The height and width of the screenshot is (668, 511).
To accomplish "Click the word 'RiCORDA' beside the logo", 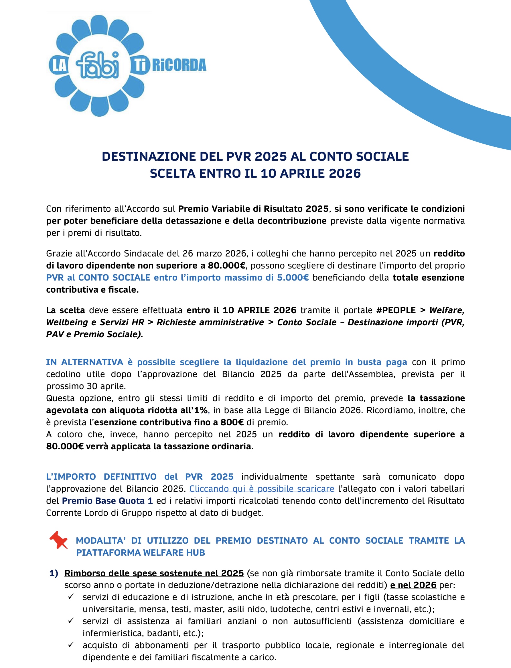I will click(179, 65).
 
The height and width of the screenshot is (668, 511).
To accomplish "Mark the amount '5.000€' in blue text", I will click(293, 277).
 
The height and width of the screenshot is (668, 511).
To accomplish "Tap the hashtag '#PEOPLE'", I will click(396, 310).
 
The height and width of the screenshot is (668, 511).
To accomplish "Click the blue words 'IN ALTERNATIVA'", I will click(84, 362).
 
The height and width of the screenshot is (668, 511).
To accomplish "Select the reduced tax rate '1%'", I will click(201, 410).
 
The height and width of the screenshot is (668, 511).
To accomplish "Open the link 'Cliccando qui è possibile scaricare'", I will click(262, 489).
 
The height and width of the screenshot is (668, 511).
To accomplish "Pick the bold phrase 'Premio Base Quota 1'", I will click(107, 501).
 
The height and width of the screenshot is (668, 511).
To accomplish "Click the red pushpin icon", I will click(59, 540).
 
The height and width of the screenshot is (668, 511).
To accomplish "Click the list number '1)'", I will click(54, 573).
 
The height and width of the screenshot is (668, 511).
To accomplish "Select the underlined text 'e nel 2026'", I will click(413, 585).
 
